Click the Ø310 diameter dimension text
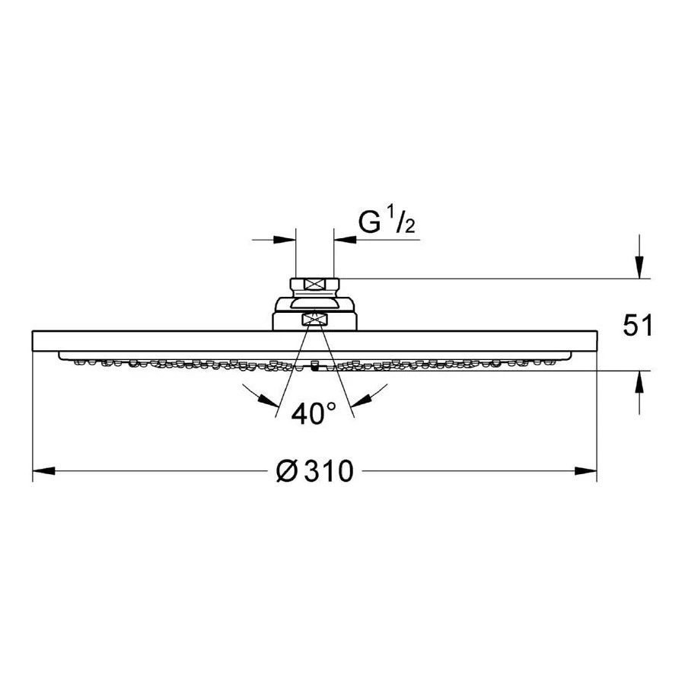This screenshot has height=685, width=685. point(314,471)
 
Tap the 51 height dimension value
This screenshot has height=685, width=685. point(637,326)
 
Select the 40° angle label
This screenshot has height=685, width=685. point(314,414)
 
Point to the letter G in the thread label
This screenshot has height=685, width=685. point(369,222)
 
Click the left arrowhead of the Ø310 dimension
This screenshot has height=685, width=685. point(43,471)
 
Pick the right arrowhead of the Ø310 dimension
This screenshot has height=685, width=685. point(585,471)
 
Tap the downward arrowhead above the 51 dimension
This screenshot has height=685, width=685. point(639,267)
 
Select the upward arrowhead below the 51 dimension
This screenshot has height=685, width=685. point(639,382)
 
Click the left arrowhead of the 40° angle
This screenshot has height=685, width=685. point(269,400)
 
